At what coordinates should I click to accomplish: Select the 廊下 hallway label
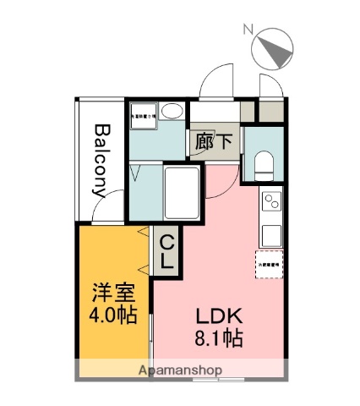point(214,141)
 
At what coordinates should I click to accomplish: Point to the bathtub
point(182,193)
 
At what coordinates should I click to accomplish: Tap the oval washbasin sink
point(172,112)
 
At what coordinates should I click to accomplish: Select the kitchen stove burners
point(272,202)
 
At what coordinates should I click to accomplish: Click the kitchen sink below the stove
point(272,233)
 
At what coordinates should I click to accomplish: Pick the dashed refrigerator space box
point(270,263)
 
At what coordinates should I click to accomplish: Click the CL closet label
point(166,251)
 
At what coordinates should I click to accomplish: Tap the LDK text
point(221,318)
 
